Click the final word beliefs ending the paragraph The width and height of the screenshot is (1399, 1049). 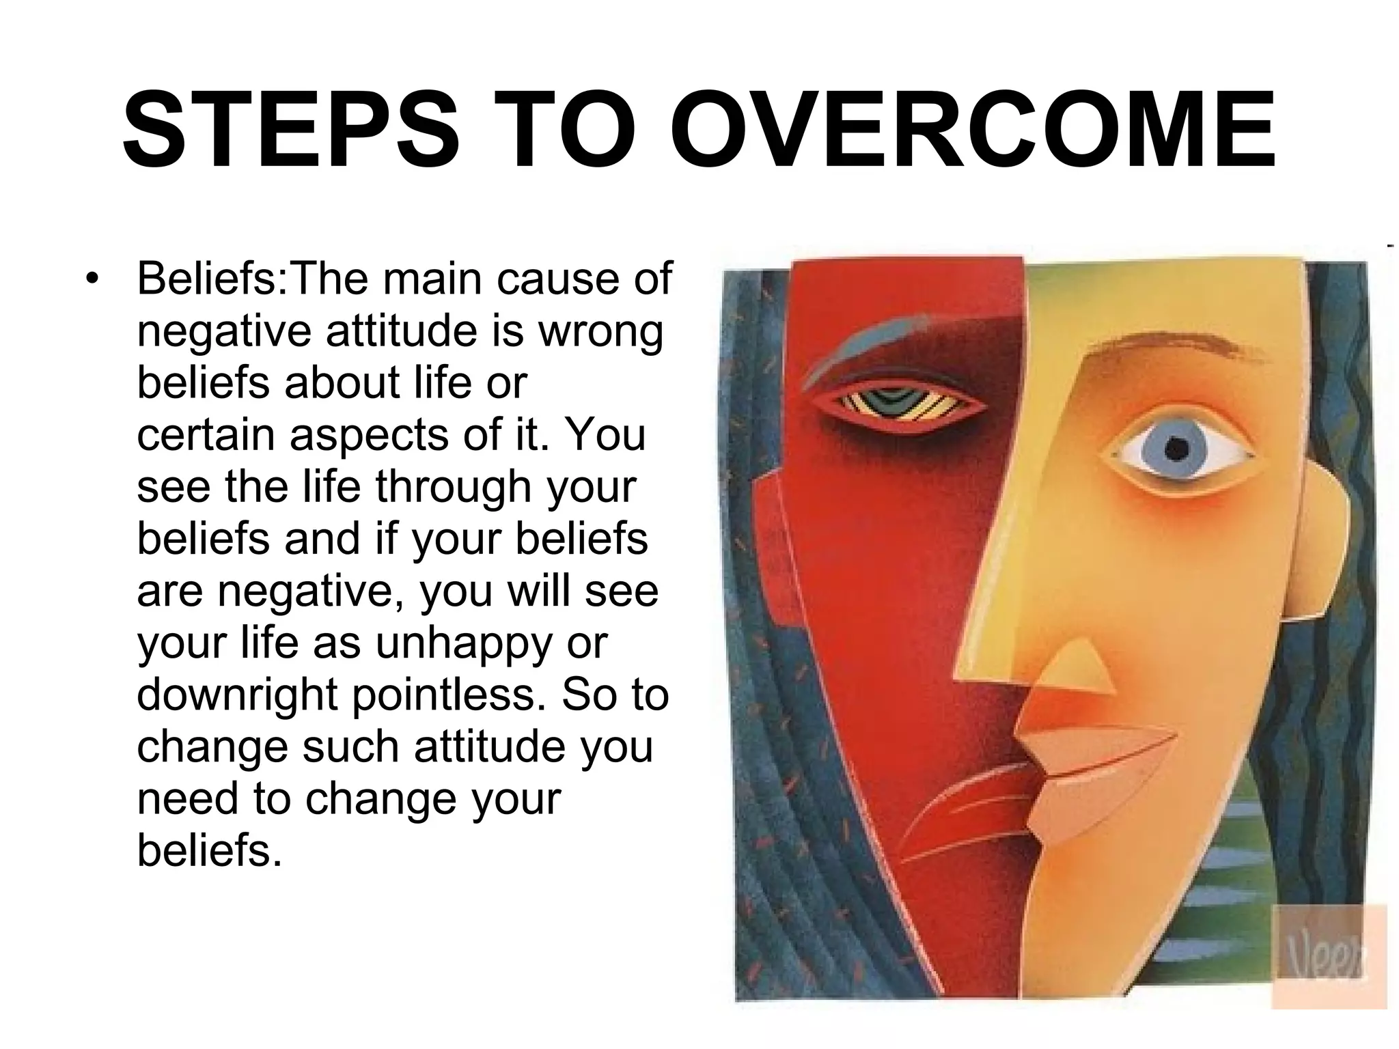pyautogui.click(x=209, y=851)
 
